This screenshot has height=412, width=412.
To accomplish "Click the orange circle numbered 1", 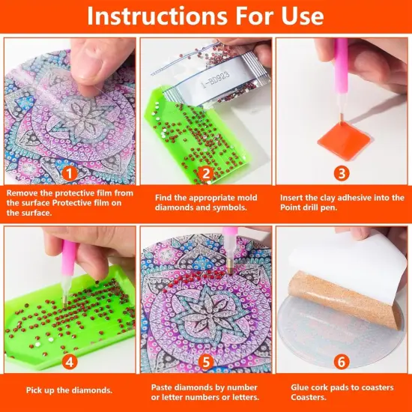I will pos(67,173).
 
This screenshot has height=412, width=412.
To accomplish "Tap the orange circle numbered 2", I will pos(205,173).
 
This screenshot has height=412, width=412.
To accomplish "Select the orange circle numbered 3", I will pos(342,173).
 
